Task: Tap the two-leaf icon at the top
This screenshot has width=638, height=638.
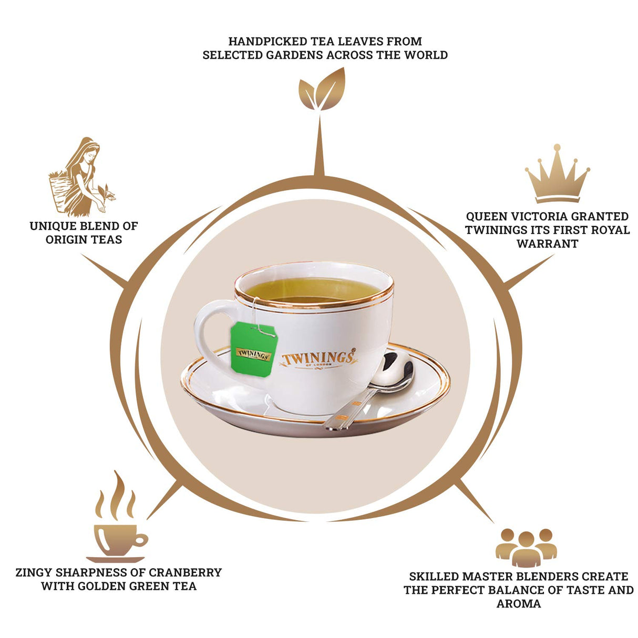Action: coord(322,90)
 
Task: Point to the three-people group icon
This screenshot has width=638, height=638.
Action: coord(526,547)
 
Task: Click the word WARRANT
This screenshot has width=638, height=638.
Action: coord(547,244)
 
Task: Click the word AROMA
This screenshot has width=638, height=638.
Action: coord(518,604)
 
